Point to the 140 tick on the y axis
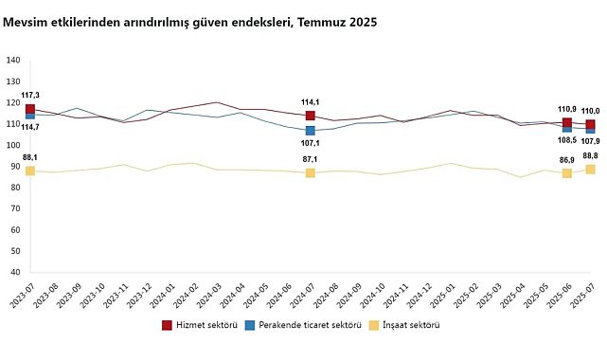coord(13,61)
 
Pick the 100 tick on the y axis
coord(13,145)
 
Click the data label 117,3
coord(30,96)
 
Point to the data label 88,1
coord(30,157)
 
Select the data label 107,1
coord(311,143)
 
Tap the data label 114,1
coord(311,102)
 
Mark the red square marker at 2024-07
coord(311,116)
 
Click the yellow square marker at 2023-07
coord(30,171)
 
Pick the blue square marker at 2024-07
coord(311,131)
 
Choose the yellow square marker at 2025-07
coord(590,169)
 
